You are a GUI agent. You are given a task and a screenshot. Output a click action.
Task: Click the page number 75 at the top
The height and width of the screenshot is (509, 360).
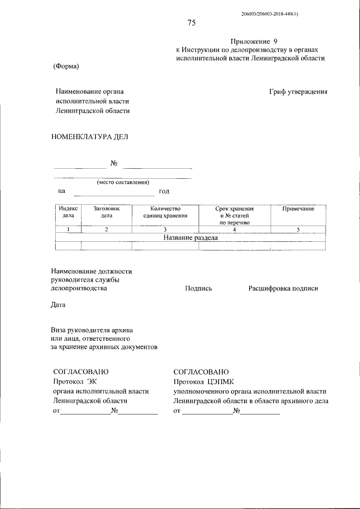tap(191, 23)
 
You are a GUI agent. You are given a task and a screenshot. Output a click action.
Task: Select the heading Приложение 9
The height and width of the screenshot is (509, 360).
tap(254, 42)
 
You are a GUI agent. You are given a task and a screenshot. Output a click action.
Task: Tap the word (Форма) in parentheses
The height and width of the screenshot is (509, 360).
tap(66, 66)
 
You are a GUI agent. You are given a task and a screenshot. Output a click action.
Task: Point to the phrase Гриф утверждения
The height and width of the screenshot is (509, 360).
tap(298, 92)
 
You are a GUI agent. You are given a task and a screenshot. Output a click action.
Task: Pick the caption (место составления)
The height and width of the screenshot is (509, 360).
tap(123, 182)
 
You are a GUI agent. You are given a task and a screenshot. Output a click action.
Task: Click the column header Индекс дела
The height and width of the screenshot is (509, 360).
tap(67, 212)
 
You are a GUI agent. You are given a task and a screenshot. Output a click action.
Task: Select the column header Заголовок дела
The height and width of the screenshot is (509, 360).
tap(106, 212)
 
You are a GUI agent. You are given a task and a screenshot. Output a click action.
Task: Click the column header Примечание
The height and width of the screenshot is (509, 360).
tap(298, 209)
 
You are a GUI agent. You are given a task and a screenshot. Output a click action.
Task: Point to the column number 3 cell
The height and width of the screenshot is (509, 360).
tap(165, 229)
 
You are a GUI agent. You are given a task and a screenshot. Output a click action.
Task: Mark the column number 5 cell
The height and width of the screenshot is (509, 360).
tap(298, 229)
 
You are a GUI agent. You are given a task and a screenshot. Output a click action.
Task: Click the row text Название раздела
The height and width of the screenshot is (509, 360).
tap(190, 237)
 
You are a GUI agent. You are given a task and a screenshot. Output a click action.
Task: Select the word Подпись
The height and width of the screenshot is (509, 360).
tap(198, 289)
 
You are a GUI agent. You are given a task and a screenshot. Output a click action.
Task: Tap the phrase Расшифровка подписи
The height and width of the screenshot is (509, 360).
tap(283, 289)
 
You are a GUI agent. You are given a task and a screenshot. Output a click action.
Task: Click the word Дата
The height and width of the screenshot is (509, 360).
tap(58, 305)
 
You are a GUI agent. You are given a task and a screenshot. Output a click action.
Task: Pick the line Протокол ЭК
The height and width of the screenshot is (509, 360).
tap(71, 382)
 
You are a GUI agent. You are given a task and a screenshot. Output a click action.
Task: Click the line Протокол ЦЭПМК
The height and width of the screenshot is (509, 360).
tap(200, 382)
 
